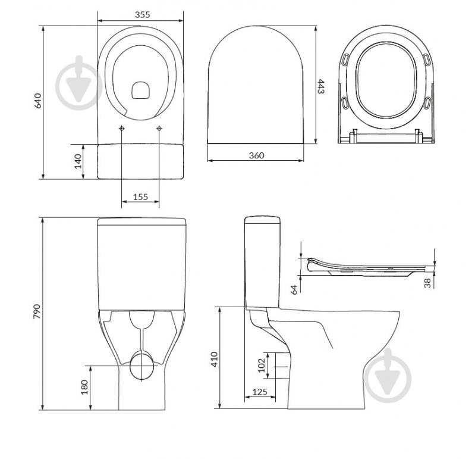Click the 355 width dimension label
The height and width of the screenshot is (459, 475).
pos(142,14)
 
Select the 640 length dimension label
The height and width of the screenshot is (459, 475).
pos(38,101)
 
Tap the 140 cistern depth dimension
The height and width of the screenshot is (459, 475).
pos(78,161)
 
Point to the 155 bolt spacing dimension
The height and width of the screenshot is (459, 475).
pos(140,197)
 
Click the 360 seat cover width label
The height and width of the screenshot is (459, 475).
pos(256,155)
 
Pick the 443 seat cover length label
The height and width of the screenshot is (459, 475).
pos(321,86)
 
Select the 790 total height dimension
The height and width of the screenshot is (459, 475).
pos(37,311)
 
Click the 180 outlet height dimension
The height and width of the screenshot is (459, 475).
pos(84,387)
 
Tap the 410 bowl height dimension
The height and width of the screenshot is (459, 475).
pos(215,359)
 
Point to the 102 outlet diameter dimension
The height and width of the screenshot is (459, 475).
pos(262,366)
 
